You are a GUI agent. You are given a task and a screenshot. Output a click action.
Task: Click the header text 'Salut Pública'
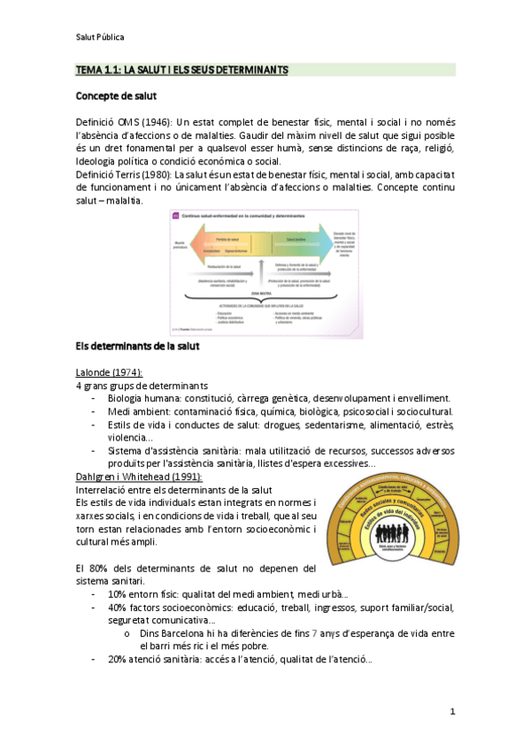pos(99,37)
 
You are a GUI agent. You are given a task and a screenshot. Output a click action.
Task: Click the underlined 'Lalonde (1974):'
pos(110,373)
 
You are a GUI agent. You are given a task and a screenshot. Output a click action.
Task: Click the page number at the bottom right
pos(452,711)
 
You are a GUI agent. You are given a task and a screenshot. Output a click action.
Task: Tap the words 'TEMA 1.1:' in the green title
pos(96,69)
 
